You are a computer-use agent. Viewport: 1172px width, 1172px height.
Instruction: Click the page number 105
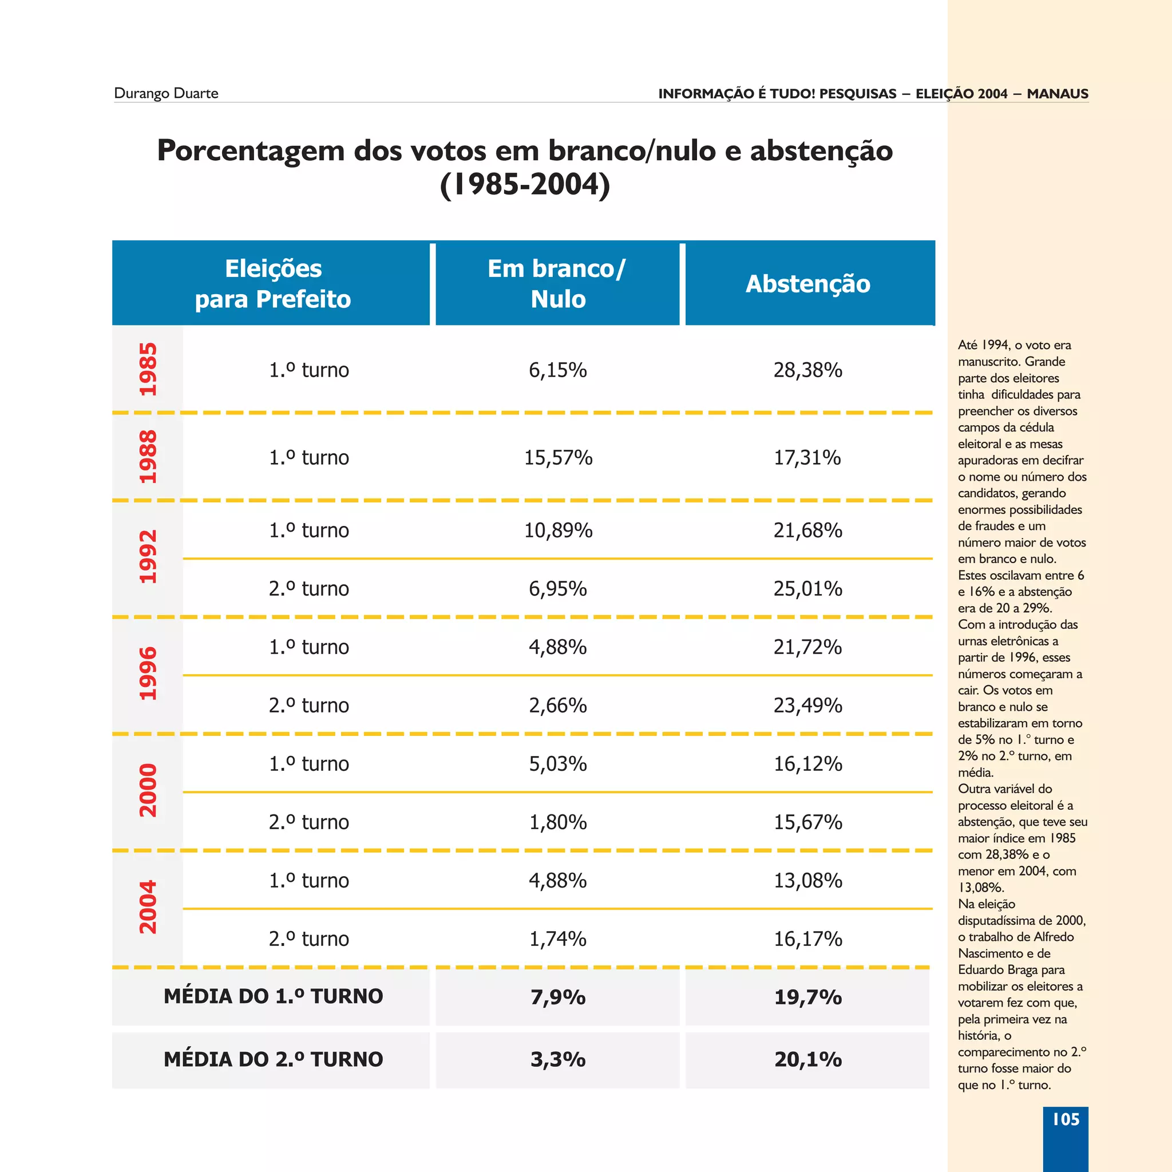pyautogui.click(x=1065, y=1119)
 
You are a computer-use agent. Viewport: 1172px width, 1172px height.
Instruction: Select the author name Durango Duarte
pyautogui.click(x=165, y=93)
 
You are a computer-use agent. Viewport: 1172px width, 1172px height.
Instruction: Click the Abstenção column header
pyautogui.click(x=807, y=284)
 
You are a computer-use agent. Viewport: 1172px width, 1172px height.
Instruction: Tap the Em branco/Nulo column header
pyautogui.click(x=557, y=284)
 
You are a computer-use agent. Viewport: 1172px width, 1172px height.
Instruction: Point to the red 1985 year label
pyautogui.click(x=148, y=370)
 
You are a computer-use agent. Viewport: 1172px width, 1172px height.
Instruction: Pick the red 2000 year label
pyautogui.click(x=148, y=790)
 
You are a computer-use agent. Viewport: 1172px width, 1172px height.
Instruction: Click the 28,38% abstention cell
pyautogui.click(x=807, y=370)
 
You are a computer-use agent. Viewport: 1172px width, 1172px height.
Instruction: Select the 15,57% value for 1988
pyautogui.click(x=557, y=457)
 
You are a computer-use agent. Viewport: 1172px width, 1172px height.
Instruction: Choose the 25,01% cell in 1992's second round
pyautogui.click(x=807, y=588)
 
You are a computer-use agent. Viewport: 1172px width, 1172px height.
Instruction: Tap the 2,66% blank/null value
pyautogui.click(x=557, y=706)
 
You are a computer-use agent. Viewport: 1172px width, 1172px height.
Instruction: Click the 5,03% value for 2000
pyautogui.click(x=557, y=764)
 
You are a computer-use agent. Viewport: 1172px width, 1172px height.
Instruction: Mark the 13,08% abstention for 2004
pyautogui.click(x=807, y=880)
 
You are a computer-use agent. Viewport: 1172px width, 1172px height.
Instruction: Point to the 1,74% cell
pyautogui.click(x=557, y=939)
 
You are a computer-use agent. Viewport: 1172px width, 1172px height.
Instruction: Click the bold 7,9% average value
pyautogui.click(x=557, y=997)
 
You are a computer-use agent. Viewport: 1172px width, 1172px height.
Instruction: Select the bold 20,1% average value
pyautogui.click(x=807, y=1060)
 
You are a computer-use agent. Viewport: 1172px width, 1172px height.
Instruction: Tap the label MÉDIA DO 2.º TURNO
pyautogui.click(x=273, y=1059)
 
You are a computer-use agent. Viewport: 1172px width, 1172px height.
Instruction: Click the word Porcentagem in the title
pyautogui.click(x=251, y=151)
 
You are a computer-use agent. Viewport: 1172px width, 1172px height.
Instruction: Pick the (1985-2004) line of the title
pyautogui.click(x=525, y=185)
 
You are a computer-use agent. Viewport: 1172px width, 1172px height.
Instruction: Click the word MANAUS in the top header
pyautogui.click(x=1058, y=94)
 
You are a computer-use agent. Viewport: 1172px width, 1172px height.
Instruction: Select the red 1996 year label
pyautogui.click(x=148, y=674)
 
